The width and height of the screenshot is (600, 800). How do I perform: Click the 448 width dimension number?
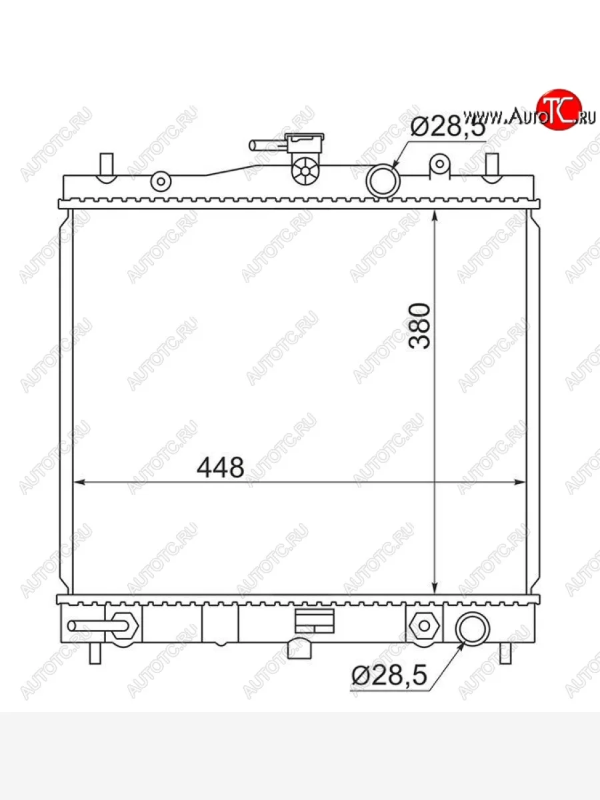[220, 467]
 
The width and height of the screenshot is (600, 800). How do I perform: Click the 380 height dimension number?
[419, 325]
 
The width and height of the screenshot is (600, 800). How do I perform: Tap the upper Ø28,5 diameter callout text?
[448, 127]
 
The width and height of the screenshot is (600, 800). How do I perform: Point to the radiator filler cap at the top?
[305, 143]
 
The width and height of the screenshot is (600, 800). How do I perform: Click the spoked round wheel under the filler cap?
[305, 171]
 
